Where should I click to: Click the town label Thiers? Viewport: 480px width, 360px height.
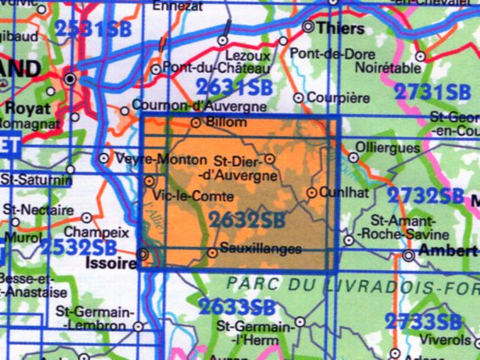(x=340, y=29)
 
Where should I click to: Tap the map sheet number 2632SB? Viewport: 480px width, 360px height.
(x=247, y=220)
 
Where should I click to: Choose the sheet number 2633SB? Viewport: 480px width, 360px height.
(x=237, y=307)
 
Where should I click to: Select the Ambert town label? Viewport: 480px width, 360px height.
(x=450, y=252)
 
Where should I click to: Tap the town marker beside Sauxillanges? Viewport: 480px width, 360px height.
(x=212, y=252)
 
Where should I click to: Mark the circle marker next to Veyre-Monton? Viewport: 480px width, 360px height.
(x=104, y=158)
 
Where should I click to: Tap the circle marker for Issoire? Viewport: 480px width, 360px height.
(x=144, y=253)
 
